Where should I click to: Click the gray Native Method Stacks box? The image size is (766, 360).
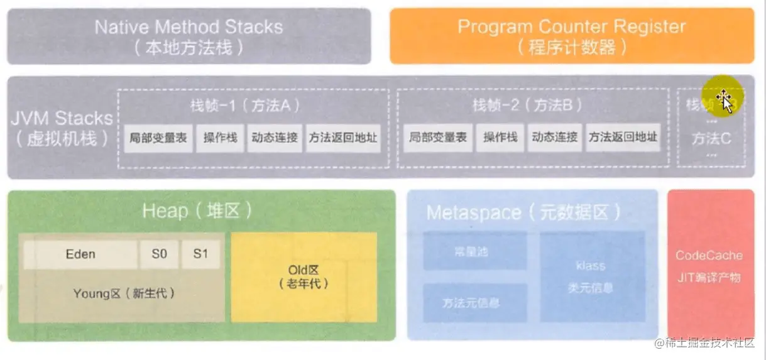pyautogui.click(x=189, y=36)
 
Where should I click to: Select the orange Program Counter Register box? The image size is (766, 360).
pyautogui.click(x=571, y=36)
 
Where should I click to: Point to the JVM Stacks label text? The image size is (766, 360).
pyautogui.click(x=62, y=128)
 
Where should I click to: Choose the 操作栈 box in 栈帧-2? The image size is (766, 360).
pyautogui.click(x=500, y=138)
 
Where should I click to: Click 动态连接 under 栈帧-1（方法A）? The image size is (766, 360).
pyautogui.click(x=275, y=138)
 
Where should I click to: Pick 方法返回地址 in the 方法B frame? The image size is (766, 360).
pyautogui.click(x=623, y=138)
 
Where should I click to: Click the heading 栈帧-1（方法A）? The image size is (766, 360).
pyautogui.click(x=244, y=106)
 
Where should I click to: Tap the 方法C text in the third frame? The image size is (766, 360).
pyautogui.click(x=711, y=139)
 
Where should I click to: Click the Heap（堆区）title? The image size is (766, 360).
pyautogui.click(x=197, y=210)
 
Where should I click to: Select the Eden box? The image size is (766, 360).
pyautogui.click(x=80, y=254)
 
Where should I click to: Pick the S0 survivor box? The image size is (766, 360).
pyautogui.click(x=160, y=254)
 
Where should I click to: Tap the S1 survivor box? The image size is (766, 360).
pyautogui.click(x=200, y=254)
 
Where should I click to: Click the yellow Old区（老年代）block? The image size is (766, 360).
pyautogui.click(x=304, y=277)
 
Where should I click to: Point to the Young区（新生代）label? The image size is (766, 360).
pyautogui.click(x=124, y=293)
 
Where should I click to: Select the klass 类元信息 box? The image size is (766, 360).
pyautogui.click(x=592, y=276)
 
